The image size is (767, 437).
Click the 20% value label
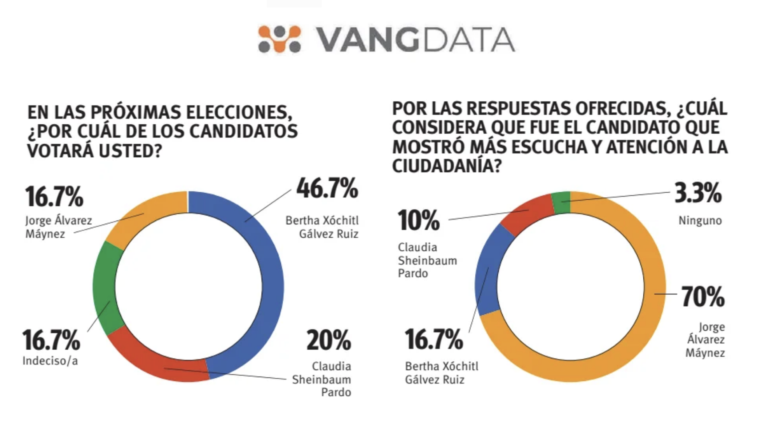328,340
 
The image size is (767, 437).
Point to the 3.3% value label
698,193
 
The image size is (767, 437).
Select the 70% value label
703,297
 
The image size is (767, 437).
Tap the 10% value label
418,220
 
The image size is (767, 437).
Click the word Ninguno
700,221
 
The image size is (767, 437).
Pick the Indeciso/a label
50,361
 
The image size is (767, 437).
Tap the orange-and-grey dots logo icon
280,39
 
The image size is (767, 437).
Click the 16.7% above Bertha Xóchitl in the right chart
434,339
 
